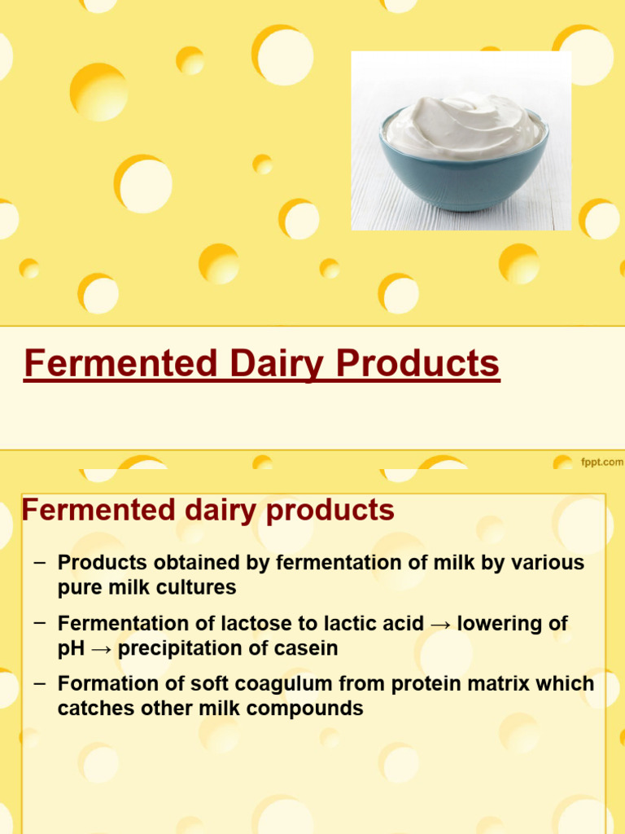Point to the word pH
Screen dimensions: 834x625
coord(71,648)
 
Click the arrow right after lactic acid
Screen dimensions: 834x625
coord(440,624)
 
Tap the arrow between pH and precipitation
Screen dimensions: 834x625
coord(102,648)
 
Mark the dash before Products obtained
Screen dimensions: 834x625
coord(39,561)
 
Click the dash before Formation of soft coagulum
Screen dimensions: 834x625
coord(39,683)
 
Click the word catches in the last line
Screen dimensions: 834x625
coord(90,709)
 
